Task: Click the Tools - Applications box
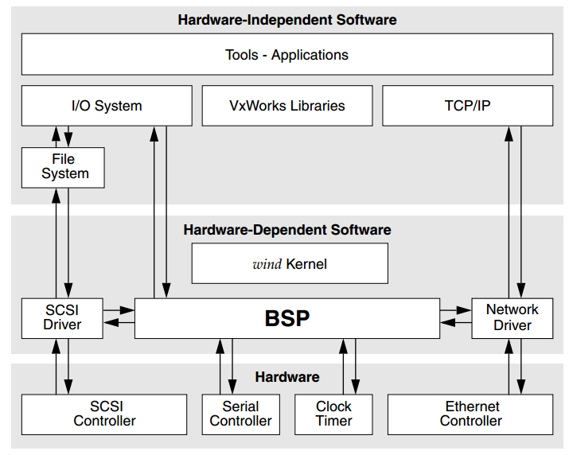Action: pos(287,54)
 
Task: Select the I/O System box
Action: pos(107,106)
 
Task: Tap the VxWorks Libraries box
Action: pos(287,106)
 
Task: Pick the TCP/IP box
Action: pos(468,106)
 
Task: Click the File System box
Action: pos(63,168)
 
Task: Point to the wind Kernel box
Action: pos(290,263)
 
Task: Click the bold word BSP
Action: pos(287,318)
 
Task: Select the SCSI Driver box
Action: pos(62,318)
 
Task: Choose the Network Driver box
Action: pos(513,318)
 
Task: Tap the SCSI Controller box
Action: pos(104,414)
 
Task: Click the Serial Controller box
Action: pos(241,414)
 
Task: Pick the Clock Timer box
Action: pos(333,414)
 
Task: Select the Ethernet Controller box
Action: pos(470,414)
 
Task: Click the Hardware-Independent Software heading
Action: pos(287,20)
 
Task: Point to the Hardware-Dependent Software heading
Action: pos(287,230)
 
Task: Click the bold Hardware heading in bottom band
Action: pos(287,377)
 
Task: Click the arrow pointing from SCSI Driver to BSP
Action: pos(119,310)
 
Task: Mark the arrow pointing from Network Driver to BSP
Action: pos(456,322)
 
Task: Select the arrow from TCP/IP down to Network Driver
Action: pos(521,212)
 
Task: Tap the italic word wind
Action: pos(267,264)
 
